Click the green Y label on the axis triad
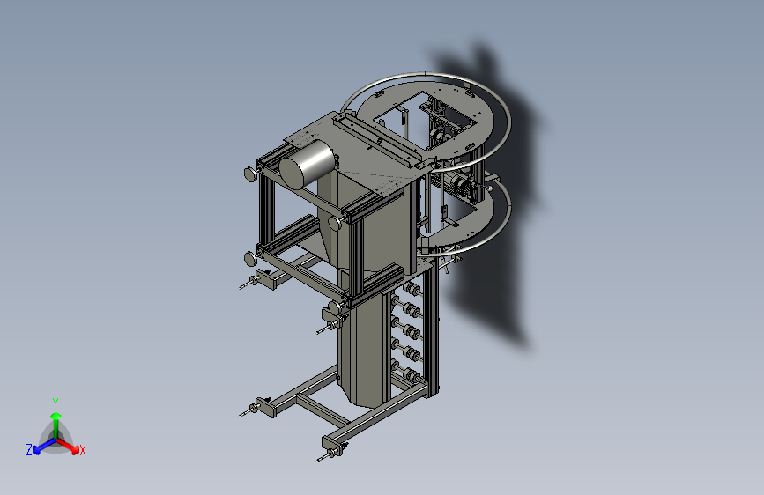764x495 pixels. [x=56, y=403]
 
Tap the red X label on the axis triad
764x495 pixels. [x=82, y=450]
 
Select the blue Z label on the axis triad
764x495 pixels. [x=29, y=450]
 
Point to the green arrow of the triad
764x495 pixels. [x=56, y=425]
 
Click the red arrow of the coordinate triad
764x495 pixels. [x=68, y=446]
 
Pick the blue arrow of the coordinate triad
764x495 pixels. [x=44, y=446]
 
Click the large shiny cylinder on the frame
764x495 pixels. [x=307, y=164]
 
